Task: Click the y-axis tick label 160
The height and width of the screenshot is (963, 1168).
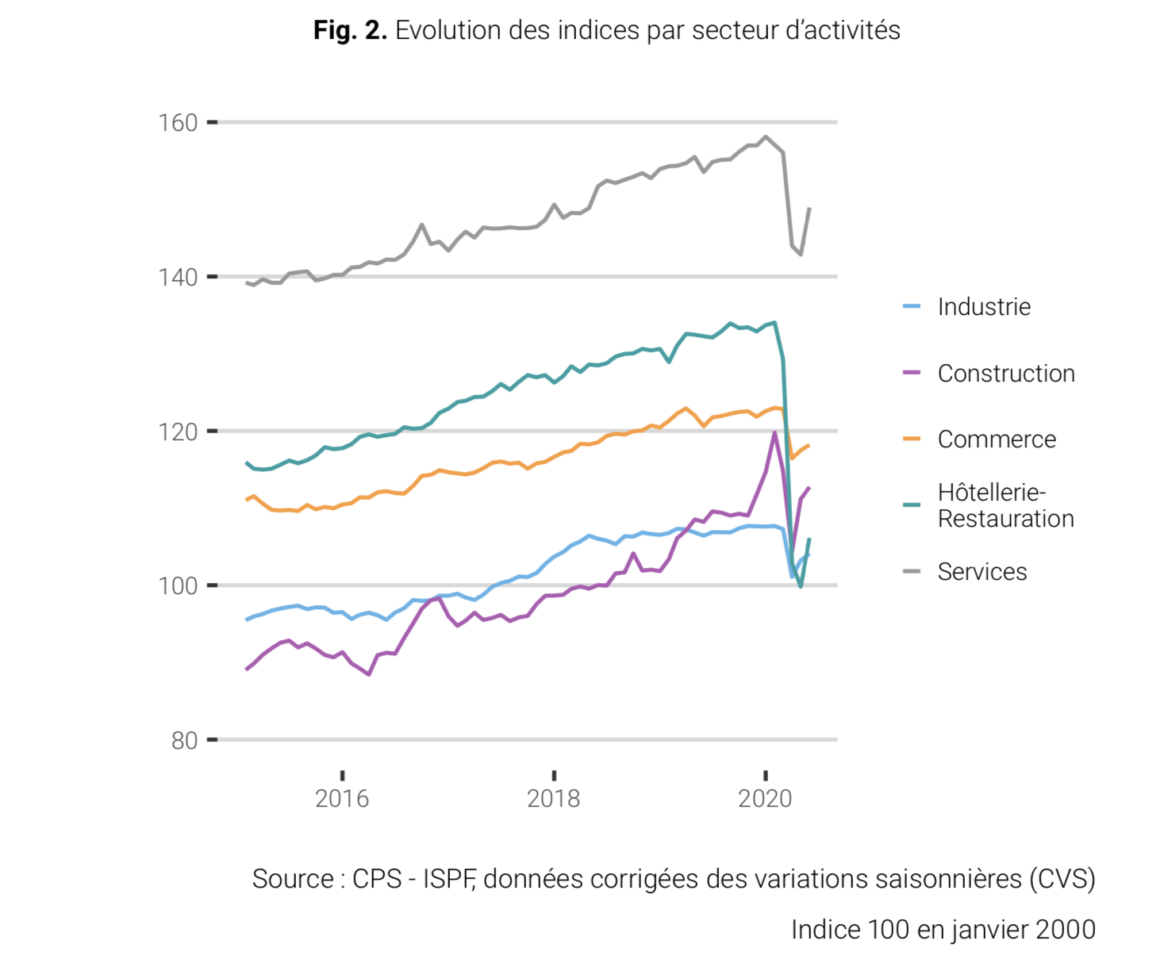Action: pyautogui.click(x=177, y=123)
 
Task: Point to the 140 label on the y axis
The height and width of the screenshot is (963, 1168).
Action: pyautogui.click(x=177, y=278)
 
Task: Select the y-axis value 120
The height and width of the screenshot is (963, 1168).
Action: pyautogui.click(x=177, y=432)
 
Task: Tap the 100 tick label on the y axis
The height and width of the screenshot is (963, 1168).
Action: pyautogui.click(x=177, y=586)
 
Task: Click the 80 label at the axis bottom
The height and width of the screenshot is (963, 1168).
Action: pyautogui.click(x=184, y=740)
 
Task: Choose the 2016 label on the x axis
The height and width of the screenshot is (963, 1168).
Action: pyautogui.click(x=342, y=798)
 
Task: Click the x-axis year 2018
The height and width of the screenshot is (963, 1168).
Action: pyautogui.click(x=554, y=798)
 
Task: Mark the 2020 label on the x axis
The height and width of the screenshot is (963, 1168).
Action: pyautogui.click(x=765, y=798)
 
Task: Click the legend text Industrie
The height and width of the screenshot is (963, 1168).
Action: pyautogui.click(x=984, y=307)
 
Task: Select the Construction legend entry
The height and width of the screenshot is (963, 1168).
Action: pyautogui.click(x=1006, y=374)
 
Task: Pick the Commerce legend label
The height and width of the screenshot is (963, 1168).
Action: pyautogui.click(x=997, y=439)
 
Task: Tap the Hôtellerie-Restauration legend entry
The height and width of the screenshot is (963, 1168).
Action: pyautogui.click(x=1005, y=505)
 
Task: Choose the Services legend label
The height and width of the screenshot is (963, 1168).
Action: pyautogui.click(x=982, y=572)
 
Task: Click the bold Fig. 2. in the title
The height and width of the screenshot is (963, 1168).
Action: pyautogui.click(x=350, y=30)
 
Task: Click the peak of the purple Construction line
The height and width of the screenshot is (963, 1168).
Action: pyautogui.click(x=774, y=432)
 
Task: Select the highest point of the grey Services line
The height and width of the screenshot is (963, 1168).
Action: pyautogui.click(x=766, y=136)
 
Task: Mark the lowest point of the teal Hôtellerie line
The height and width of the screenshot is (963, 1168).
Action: pyautogui.click(x=801, y=587)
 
